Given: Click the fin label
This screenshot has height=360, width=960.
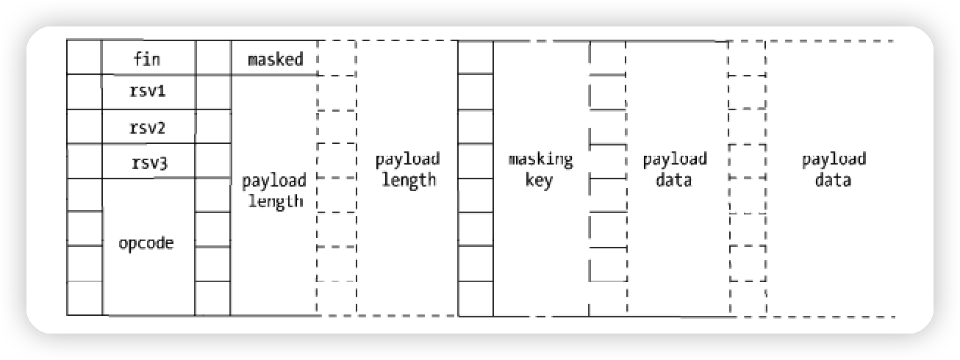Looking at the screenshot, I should [x=148, y=59].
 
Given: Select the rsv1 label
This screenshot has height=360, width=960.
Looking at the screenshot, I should [x=148, y=92].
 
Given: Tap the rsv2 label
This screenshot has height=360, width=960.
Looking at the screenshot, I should [x=148, y=128].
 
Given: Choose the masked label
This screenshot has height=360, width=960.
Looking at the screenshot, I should [x=276, y=59].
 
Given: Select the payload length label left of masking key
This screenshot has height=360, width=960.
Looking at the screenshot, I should [x=407, y=169].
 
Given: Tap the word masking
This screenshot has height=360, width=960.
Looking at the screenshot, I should [x=540, y=159].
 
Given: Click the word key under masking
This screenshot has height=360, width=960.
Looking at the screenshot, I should [x=540, y=181].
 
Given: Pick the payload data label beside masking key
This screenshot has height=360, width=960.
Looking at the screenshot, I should [x=674, y=169].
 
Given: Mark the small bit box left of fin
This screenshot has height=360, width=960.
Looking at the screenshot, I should [x=84, y=57].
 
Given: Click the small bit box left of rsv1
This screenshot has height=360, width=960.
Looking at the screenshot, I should [x=84, y=92].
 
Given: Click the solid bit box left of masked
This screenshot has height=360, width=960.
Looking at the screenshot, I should [x=213, y=57].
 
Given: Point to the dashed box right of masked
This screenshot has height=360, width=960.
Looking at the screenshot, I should [x=336, y=57].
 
